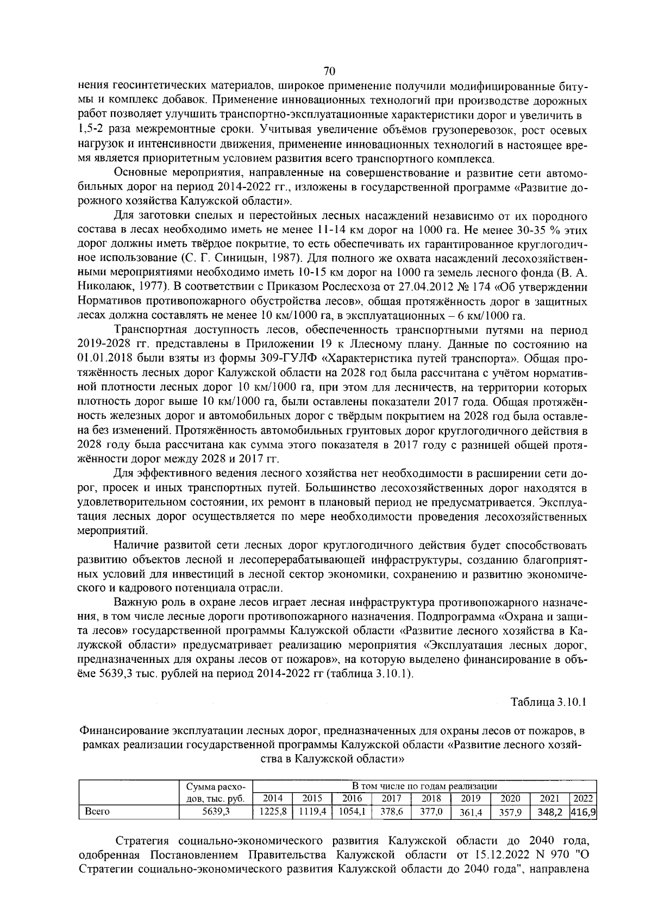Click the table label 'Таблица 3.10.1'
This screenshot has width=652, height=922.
click(x=548, y=701)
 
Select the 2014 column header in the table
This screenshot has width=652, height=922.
click(x=273, y=798)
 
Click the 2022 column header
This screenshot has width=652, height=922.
click(x=582, y=798)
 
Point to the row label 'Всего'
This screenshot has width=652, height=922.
click(x=97, y=811)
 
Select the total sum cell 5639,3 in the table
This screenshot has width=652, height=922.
click(x=216, y=811)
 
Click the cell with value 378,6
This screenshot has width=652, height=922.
click(x=392, y=811)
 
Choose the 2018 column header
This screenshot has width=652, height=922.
click(x=431, y=798)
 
